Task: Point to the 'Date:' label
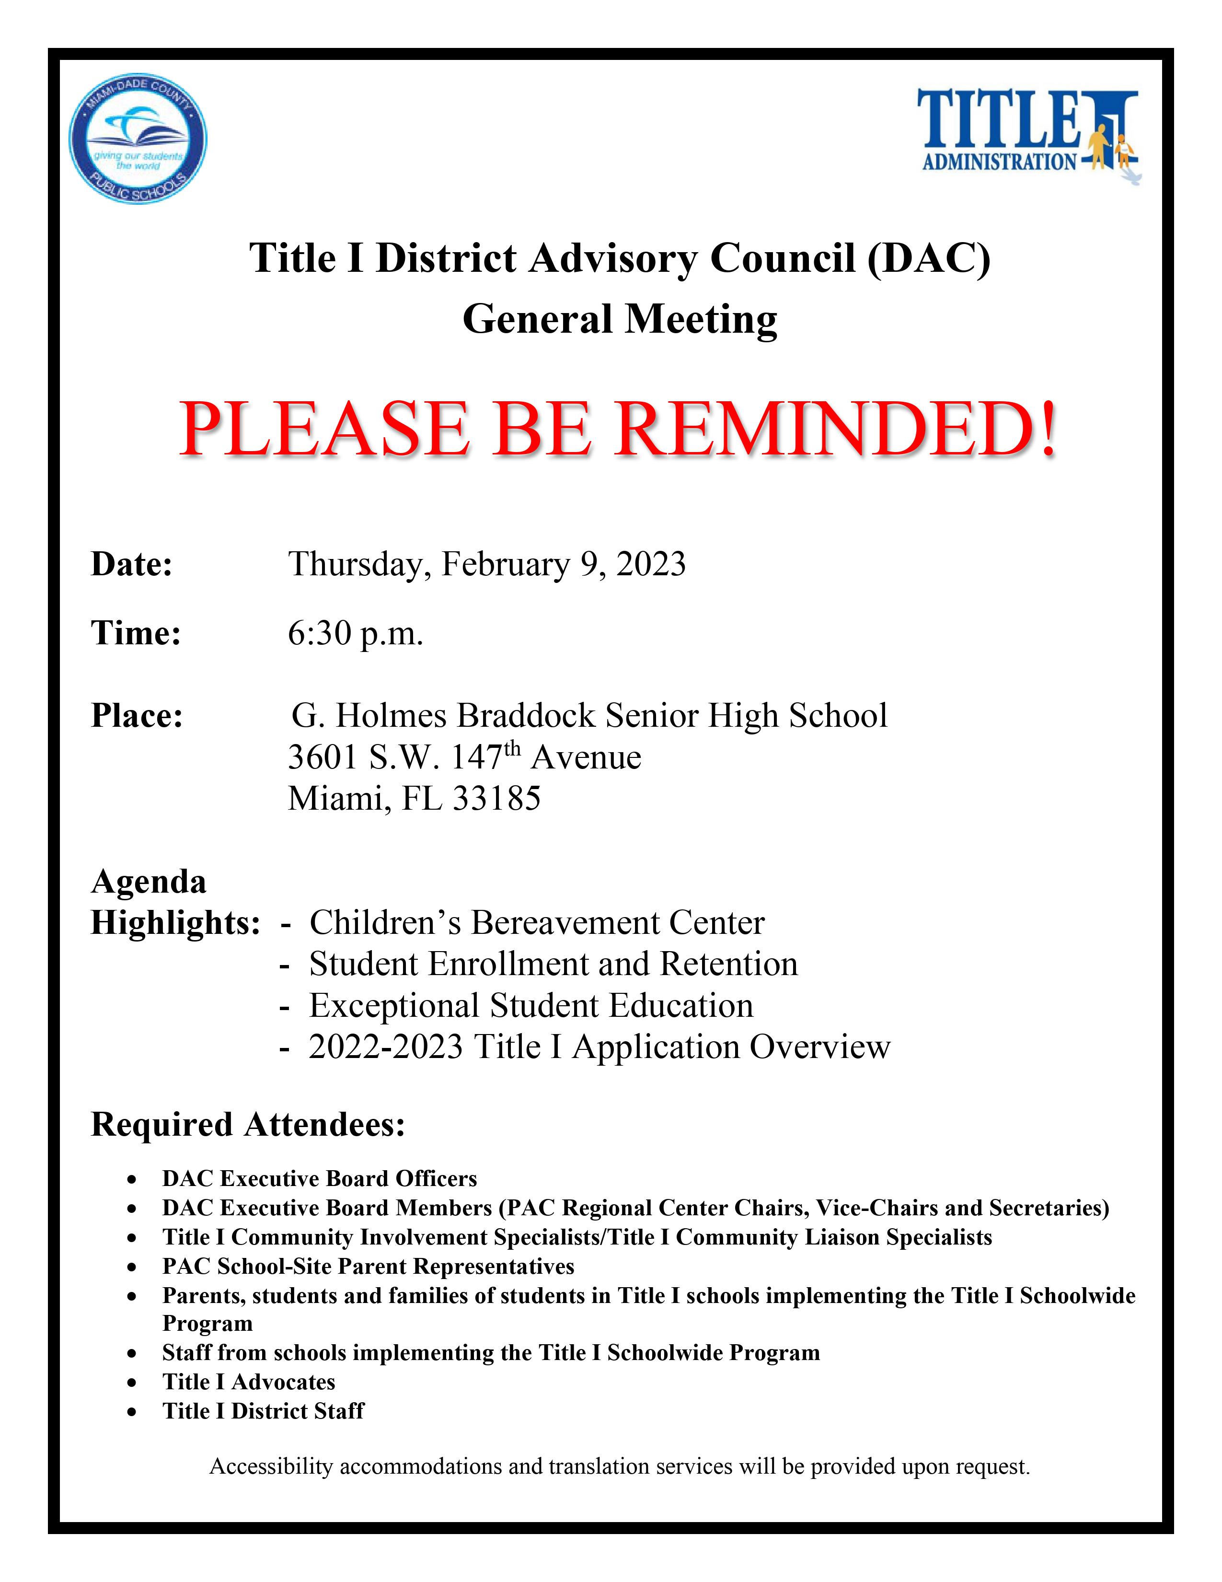[132, 564]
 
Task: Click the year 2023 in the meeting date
[651, 564]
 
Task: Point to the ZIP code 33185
[496, 798]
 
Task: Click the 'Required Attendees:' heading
[248, 1125]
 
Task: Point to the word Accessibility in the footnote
[271, 1467]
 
